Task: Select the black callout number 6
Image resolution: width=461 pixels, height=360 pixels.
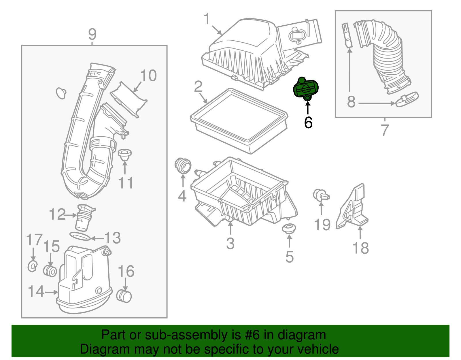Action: click(308, 123)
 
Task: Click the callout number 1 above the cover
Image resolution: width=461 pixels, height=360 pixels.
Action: click(207, 19)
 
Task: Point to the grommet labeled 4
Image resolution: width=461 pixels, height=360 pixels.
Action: click(183, 166)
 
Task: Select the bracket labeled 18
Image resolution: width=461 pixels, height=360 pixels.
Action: click(353, 208)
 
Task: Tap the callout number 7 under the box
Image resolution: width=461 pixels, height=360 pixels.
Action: click(385, 130)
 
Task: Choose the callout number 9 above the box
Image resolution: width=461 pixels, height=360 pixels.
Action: click(92, 34)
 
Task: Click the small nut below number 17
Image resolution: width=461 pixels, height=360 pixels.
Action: click(33, 266)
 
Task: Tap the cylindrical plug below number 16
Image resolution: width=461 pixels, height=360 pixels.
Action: click(124, 296)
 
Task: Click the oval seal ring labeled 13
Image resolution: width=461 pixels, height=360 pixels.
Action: click(80, 236)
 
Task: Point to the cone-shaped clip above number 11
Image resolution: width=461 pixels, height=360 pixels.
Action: click(125, 155)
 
